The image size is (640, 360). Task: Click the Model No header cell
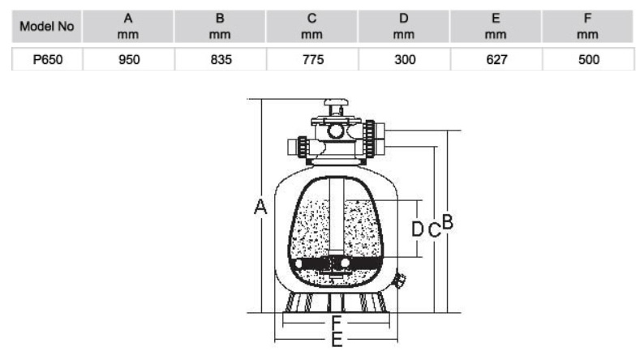click(x=47, y=27)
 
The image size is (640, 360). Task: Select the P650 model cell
click(x=47, y=59)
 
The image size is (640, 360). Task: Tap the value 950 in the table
click(x=129, y=59)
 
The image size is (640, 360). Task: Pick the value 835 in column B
click(x=221, y=59)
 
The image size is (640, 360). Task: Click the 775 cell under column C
click(x=312, y=59)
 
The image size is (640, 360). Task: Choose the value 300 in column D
click(x=405, y=59)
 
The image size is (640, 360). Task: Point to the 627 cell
click(x=496, y=59)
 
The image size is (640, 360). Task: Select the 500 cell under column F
click(x=589, y=59)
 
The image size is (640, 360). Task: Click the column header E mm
click(x=496, y=27)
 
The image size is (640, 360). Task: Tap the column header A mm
click(x=128, y=27)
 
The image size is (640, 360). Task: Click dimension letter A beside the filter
click(x=260, y=207)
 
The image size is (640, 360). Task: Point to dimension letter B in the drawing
click(x=448, y=221)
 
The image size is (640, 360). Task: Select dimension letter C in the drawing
click(x=435, y=229)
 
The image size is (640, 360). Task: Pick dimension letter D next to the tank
click(x=417, y=229)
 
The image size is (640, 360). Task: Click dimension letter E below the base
click(x=337, y=340)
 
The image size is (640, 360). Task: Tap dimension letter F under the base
click(x=337, y=324)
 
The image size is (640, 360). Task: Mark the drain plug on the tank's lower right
click(x=399, y=281)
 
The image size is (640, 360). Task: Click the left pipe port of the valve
click(x=297, y=147)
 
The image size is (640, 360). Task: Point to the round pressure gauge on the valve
click(x=336, y=131)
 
